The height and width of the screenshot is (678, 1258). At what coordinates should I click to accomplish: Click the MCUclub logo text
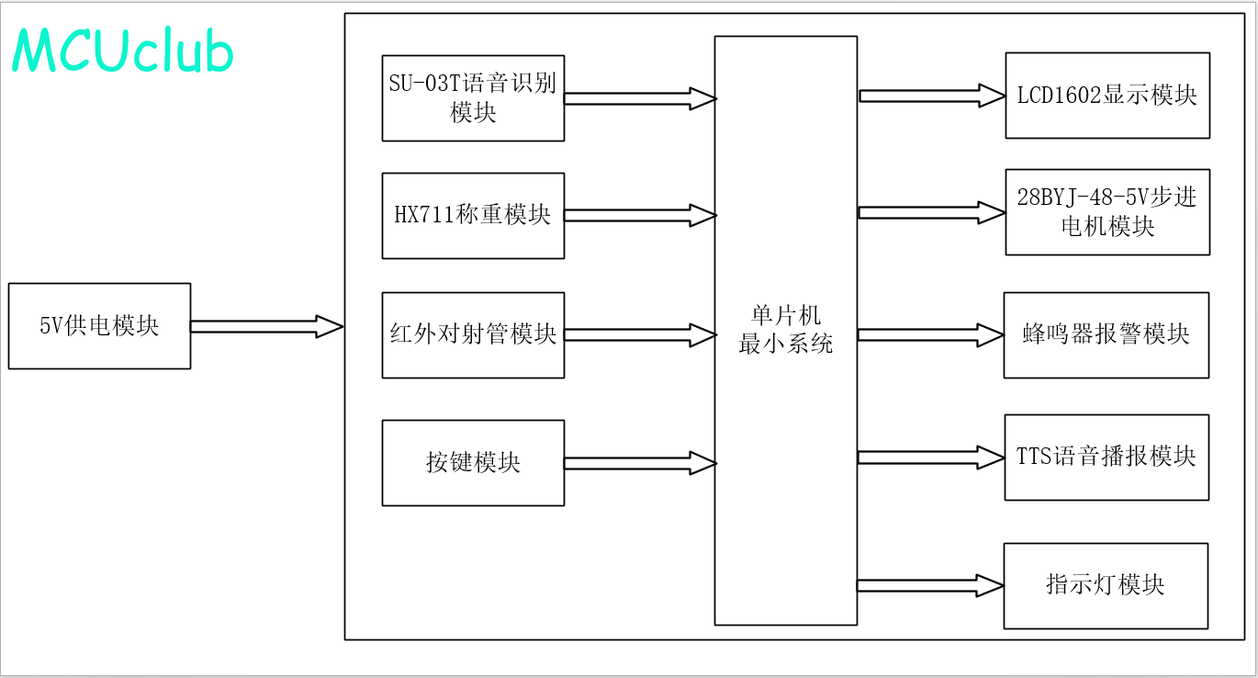122,51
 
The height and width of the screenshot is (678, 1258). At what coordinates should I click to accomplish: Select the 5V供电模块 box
99,326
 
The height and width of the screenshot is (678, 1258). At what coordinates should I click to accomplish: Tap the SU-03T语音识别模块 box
474,97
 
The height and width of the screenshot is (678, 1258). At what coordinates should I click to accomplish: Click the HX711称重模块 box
474,216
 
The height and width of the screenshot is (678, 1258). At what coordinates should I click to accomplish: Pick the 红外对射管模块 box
474,334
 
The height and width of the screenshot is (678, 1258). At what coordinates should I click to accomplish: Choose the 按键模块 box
474,463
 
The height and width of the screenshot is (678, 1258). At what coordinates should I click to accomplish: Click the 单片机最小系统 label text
786,330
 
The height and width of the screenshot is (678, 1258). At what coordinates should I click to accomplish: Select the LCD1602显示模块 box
1107,96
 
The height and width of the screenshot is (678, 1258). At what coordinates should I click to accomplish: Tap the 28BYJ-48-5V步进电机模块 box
1107,212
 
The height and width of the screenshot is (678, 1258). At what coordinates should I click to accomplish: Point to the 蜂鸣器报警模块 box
1106,334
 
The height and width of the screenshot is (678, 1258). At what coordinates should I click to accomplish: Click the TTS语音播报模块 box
1106,458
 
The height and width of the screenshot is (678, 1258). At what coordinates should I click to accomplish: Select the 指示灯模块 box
1106,586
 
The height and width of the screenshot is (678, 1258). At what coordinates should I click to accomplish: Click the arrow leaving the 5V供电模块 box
267,326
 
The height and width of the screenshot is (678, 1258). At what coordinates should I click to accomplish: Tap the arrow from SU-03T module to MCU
640,99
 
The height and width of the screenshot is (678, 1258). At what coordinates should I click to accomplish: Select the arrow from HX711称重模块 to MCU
640,215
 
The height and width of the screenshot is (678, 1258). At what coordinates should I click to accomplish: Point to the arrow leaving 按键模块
640,463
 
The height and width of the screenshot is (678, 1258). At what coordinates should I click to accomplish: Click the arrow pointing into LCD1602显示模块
932,96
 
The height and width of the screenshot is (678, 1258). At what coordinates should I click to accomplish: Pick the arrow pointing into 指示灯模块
930,585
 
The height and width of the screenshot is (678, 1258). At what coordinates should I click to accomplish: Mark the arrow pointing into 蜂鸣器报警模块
930,335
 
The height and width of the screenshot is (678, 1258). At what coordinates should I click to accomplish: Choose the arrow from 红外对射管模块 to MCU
640,334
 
